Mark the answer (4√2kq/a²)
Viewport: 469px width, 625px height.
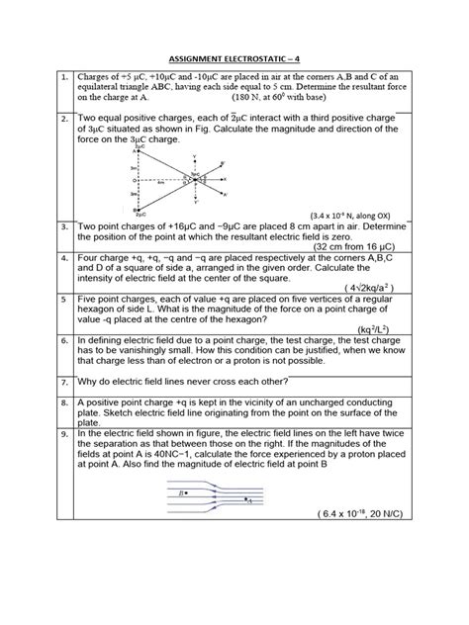tap(377, 288)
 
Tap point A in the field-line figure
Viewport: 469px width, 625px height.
tap(248, 501)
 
